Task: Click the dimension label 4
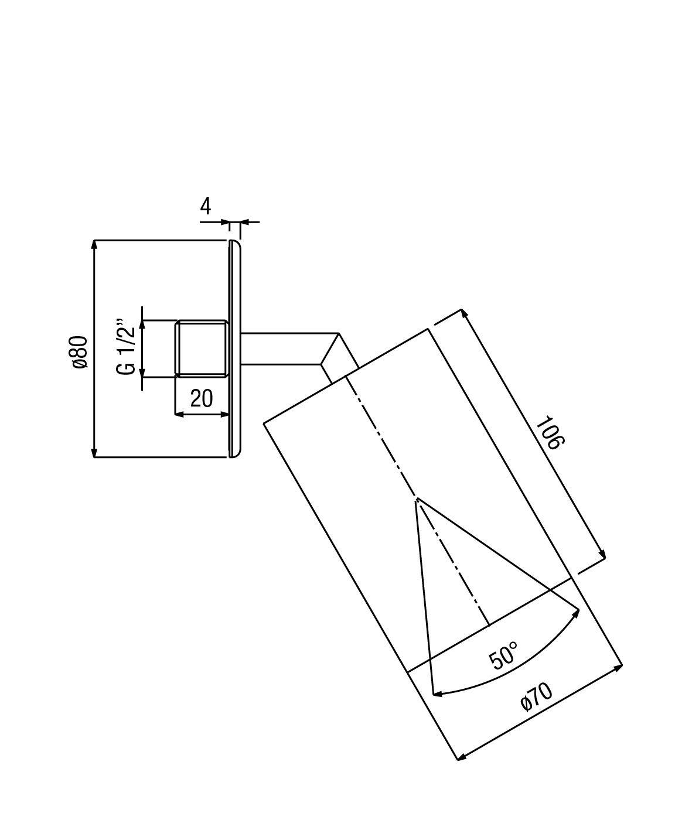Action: coord(205,206)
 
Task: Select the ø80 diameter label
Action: coord(80,352)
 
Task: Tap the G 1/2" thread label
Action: coord(125,346)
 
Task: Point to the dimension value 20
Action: coord(202,398)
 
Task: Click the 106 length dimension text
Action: coord(550,432)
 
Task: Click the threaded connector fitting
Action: coord(202,348)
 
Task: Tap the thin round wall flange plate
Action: coord(235,349)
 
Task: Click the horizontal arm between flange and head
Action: coord(290,349)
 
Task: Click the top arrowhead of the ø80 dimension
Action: coord(94,244)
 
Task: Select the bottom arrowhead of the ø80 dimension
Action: coord(94,453)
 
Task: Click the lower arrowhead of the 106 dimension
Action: coord(602,554)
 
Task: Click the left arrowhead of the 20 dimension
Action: coord(180,415)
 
